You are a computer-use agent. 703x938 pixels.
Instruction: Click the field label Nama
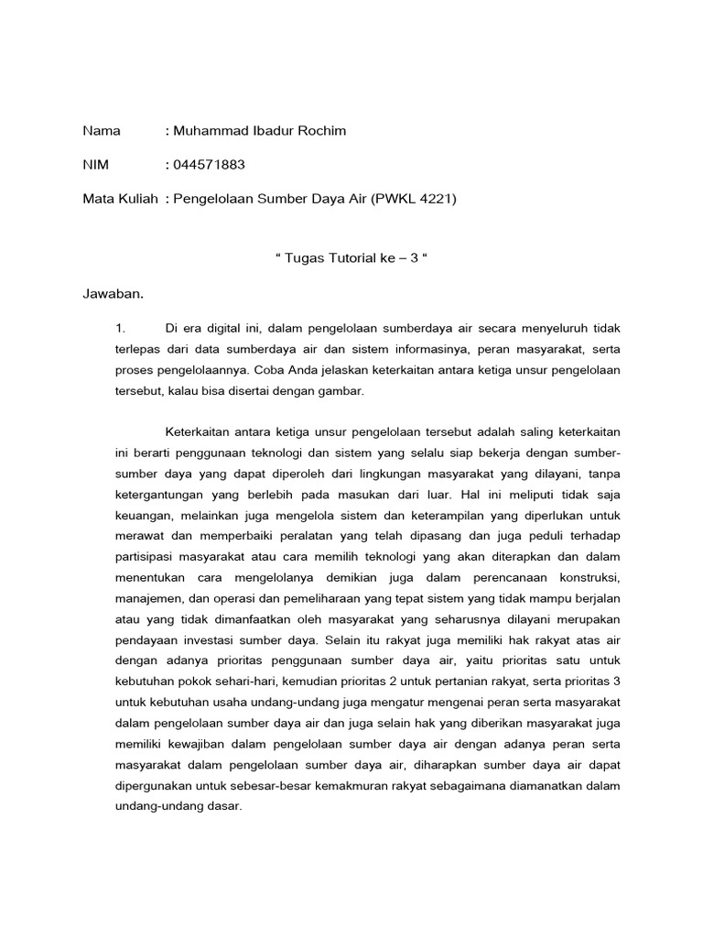(102, 131)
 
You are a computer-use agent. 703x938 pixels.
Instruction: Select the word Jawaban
(114, 294)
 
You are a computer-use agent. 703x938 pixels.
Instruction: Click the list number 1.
(116, 328)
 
